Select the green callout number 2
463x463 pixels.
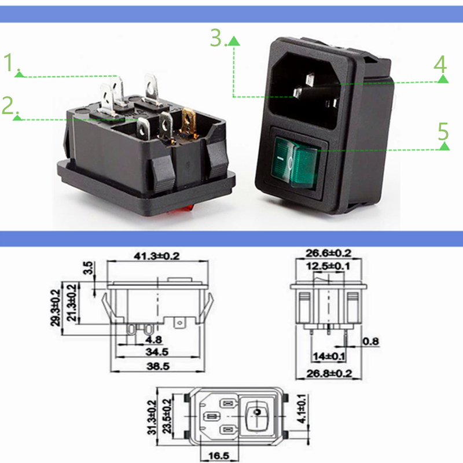(x=9, y=105)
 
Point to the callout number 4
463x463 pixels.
(x=441, y=65)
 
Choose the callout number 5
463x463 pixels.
(x=443, y=132)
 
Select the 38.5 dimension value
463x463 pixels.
(x=157, y=367)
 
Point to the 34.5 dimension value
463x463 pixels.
(x=156, y=351)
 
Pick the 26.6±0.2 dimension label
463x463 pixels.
(x=328, y=253)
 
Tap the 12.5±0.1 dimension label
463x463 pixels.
(x=328, y=266)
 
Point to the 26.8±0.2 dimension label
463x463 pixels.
(x=328, y=374)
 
